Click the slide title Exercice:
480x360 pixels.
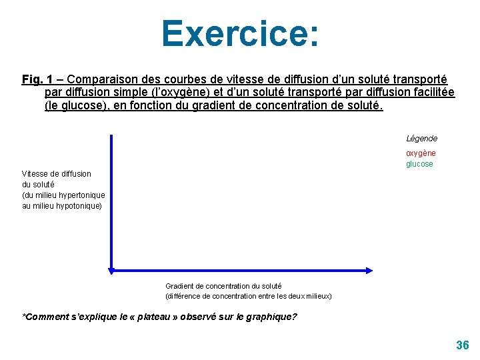click(240, 33)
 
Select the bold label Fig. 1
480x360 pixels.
click(37, 79)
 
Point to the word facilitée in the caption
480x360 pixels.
click(431, 93)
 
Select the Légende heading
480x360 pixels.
click(422, 139)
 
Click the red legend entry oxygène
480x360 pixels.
click(421, 153)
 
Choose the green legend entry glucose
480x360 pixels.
click(420, 164)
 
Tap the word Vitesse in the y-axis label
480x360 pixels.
click(35, 174)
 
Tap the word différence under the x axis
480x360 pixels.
click(185, 296)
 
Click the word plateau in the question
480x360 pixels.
click(151, 317)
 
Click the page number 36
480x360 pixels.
click(462, 345)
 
